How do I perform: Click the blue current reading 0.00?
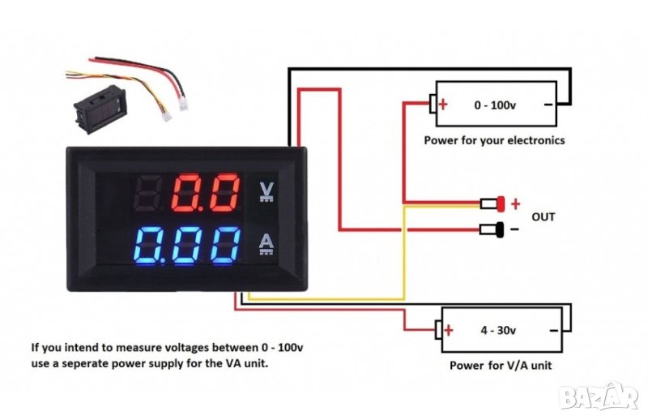[188, 245]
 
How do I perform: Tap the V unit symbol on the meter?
[265, 191]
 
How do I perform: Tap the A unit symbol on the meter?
[265, 244]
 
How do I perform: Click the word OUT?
[543, 216]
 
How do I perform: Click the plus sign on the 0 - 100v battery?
[444, 105]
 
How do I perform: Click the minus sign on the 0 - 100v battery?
[548, 105]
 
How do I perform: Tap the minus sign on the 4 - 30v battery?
[552, 330]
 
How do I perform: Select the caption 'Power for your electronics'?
[494, 140]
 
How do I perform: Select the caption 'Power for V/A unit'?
[501, 366]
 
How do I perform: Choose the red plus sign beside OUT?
[515, 204]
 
